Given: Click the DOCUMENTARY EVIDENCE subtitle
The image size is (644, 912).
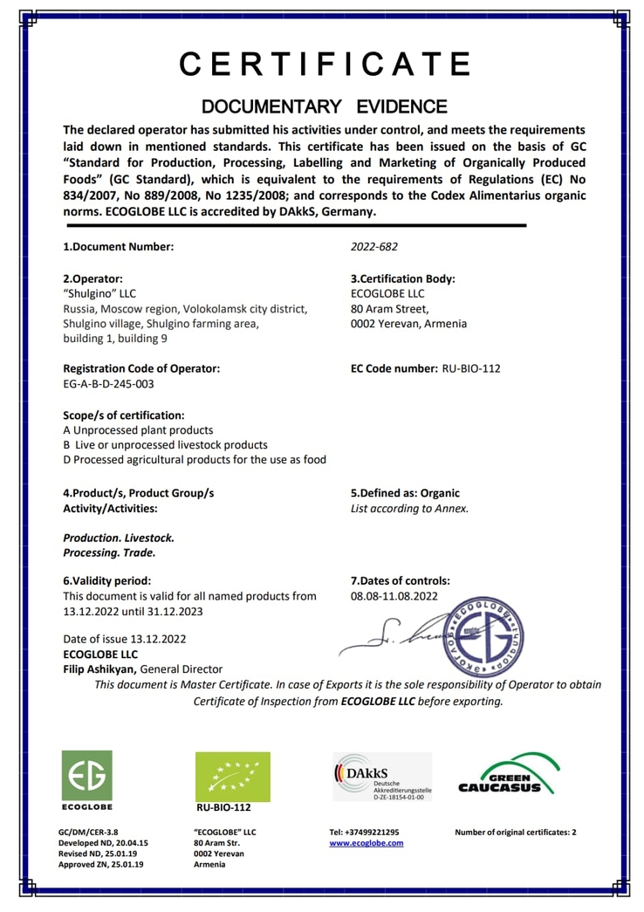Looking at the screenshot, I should pyautogui.click(x=325, y=107).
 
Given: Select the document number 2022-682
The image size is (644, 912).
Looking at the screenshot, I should pyautogui.click(x=373, y=246).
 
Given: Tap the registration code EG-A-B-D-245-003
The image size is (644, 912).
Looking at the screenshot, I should pyautogui.click(x=109, y=383).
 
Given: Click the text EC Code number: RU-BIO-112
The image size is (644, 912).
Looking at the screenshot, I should pyautogui.click(x=425, y=368).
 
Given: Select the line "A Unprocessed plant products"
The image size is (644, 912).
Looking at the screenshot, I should pyautogui.click(x=138, y=430).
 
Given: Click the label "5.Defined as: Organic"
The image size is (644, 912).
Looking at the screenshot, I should pyautogui.click(x=405, y=493).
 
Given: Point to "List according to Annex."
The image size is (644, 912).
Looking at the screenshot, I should pyautogui.click(x=409, y=508).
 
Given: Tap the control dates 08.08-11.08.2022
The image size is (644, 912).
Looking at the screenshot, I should pyautogui.click(x=394, y=596).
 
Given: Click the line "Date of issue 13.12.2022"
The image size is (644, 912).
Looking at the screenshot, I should pyautogui.click(x=125, y=638).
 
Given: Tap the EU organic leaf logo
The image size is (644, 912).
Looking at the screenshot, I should pyautogui.click(x=232, y=776).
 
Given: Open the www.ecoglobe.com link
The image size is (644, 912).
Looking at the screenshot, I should pyautogui.click(x=366, y=843).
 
